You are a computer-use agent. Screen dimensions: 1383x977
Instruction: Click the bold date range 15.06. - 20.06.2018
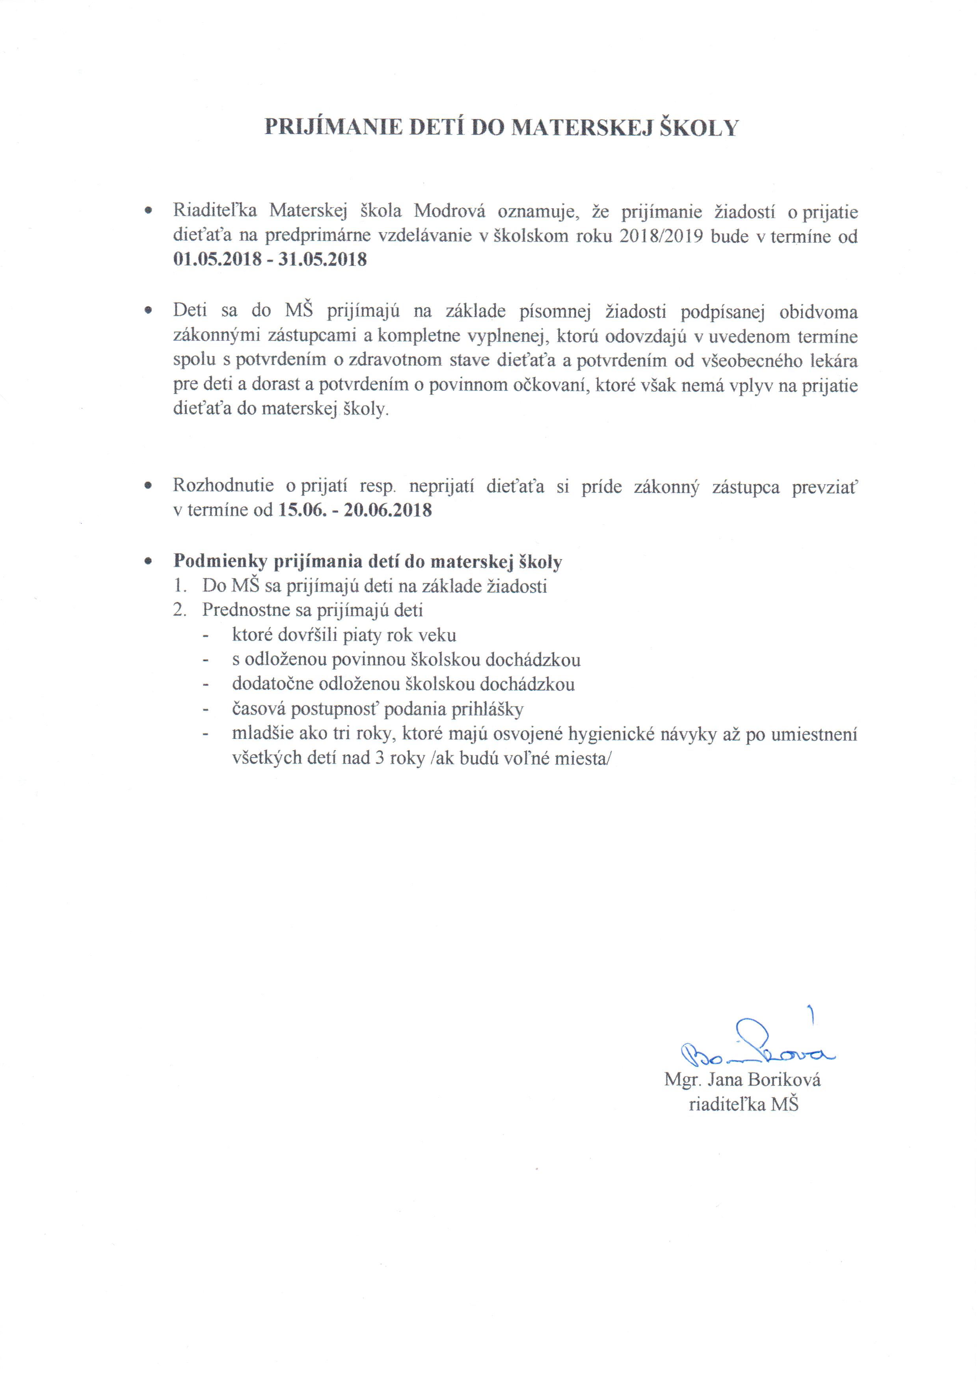pos(355,510)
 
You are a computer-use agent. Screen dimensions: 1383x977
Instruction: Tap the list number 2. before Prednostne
pos(179,610)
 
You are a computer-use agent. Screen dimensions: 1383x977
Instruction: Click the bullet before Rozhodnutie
pos(147,485)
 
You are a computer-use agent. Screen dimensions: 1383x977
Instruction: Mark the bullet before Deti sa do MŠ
pos(147,312)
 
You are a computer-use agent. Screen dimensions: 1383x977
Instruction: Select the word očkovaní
pos(550,386)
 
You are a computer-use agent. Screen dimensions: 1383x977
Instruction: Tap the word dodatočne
pos(271,684)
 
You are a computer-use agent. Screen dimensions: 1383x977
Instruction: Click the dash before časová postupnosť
pos(207,709)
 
